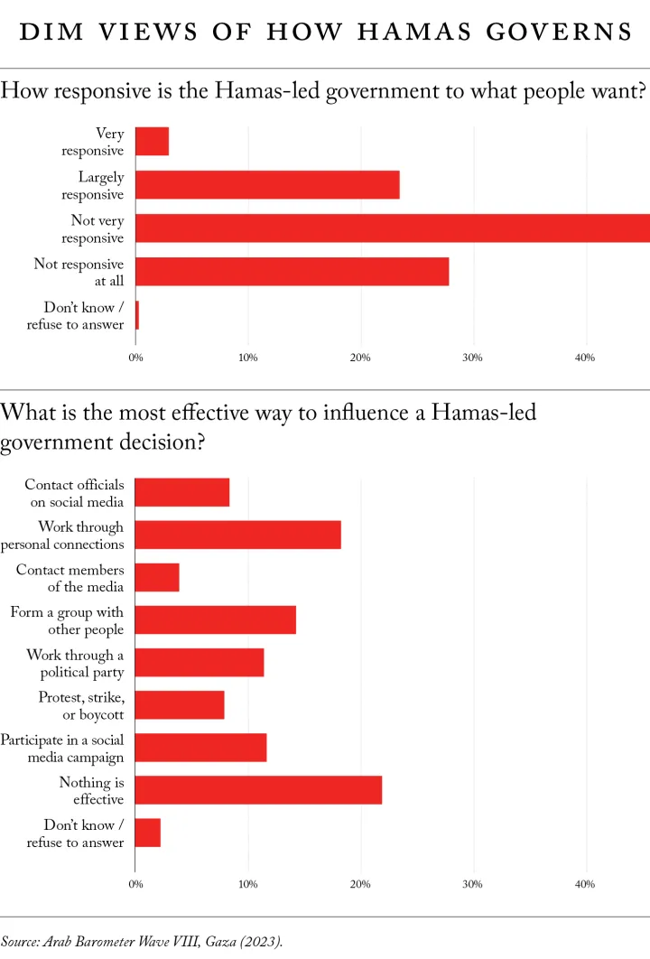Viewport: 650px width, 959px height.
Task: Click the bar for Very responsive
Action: [152, 142]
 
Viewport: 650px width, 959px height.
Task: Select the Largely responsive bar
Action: [267, 185]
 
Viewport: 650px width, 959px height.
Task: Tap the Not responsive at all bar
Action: [292, 272]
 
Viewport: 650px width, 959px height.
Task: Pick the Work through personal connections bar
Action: [238, 535]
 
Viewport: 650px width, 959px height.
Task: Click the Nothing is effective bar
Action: [258, 790]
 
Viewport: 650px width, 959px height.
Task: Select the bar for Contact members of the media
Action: [157, 578]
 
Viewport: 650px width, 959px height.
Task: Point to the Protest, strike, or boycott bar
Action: [180, 705]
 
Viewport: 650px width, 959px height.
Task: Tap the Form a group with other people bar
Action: [216, 620]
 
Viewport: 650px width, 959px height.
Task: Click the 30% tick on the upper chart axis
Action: [472, 358]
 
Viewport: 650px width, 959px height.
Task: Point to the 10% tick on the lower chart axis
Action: [247, 885]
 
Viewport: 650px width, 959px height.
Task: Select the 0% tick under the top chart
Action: [135, 358]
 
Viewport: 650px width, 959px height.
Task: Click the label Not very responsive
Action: [92, 229]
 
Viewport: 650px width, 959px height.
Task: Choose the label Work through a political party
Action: [75, 664]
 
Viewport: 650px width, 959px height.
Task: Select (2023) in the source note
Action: [262, 941]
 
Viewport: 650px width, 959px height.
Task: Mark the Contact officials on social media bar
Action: [182, 493]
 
